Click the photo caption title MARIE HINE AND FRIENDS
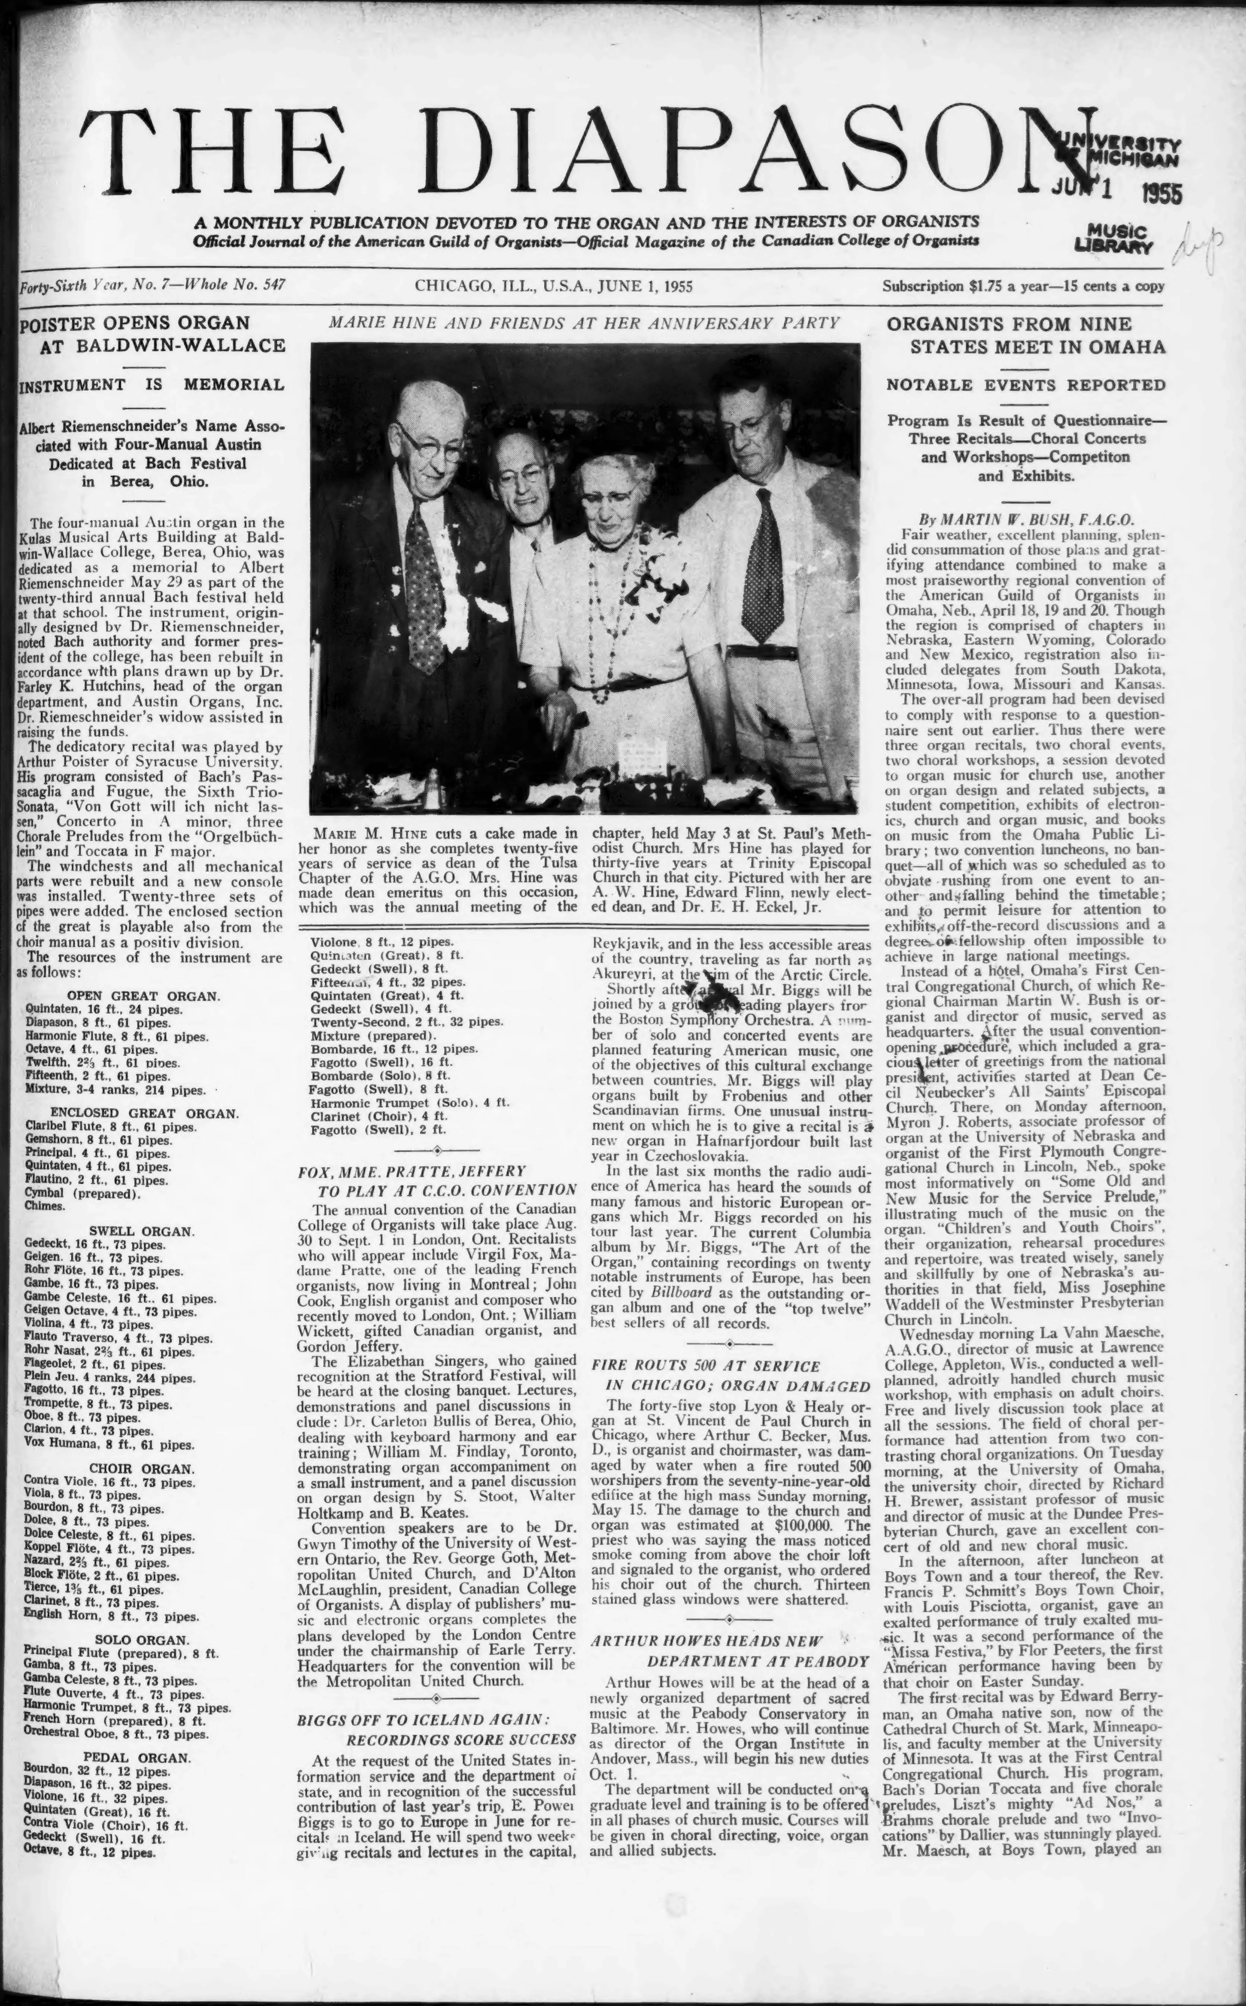click(x=583, y=323)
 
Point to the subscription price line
click(x=1023, y=287)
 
